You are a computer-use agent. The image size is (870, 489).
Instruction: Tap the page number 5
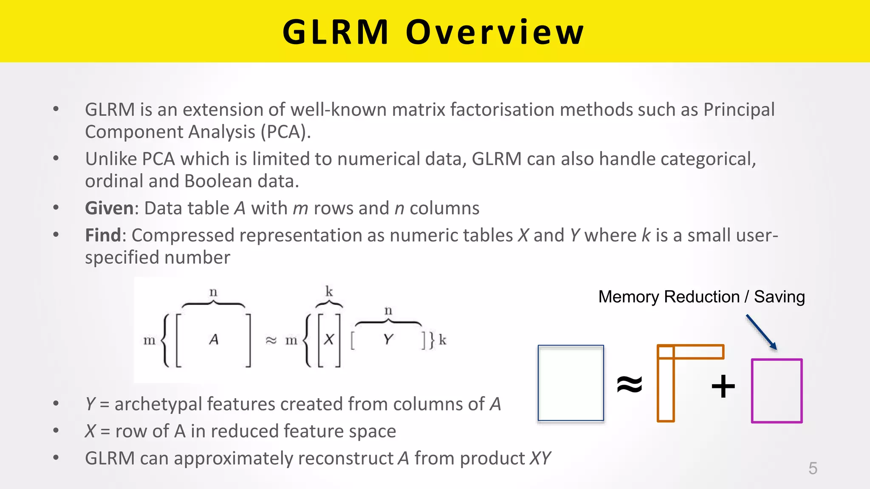[x=813, y=468]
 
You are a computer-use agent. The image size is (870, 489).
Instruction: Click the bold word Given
[x=110, y=208]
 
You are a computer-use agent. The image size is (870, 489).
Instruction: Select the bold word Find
[x=103, y=235]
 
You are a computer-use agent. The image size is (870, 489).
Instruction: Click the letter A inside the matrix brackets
[x=214, y=339]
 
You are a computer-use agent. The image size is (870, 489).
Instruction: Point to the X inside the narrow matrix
[x=329, y=339]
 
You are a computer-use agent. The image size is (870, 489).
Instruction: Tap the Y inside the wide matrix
[x=387, y=339]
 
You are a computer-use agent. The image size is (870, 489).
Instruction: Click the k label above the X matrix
[x=329, y=291]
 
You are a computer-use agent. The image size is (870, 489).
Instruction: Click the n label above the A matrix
[x=213, y=292]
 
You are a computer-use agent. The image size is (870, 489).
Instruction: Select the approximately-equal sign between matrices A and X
[x=271, y=340]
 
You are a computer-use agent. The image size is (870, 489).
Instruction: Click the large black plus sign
[x=723, y=386]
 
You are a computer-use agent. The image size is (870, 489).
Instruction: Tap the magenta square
[x=777, y=391]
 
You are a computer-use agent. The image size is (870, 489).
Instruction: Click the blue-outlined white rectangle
[x=571, y=383]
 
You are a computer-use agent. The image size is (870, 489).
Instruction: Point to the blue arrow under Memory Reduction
[x=761, y=332]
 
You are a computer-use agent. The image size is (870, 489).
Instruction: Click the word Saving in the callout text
[x=779, y=297]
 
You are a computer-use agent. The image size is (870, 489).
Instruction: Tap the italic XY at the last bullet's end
[x=540, y=458]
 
